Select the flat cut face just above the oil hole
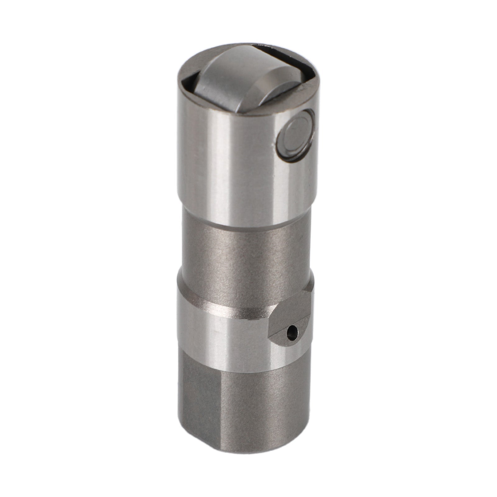(290, 314)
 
